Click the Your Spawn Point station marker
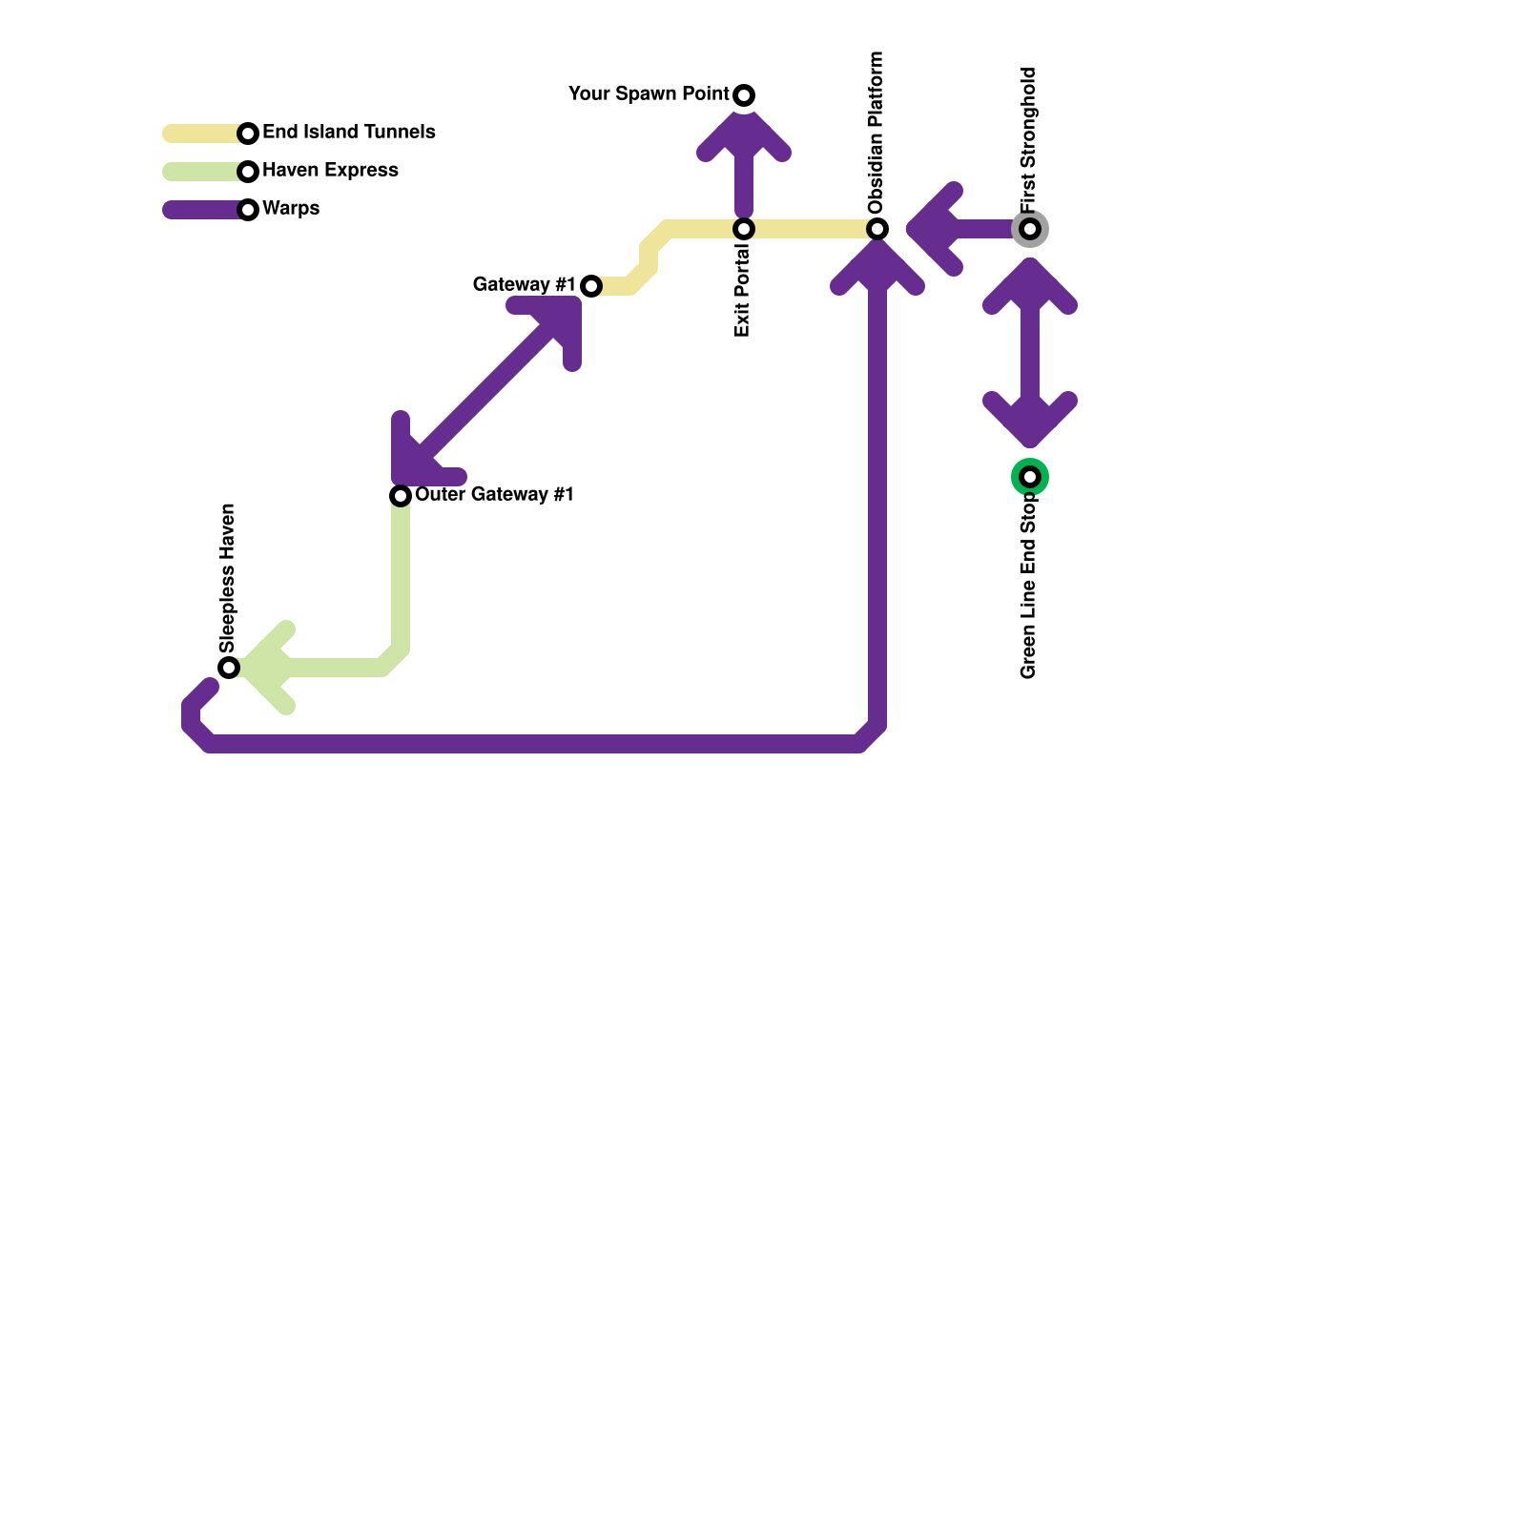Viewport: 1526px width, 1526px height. (x=744, y=95)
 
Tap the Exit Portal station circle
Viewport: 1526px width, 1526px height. (x=744, y=229)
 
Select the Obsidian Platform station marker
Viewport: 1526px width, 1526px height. (x=877, y=229)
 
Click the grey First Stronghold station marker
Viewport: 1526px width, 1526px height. (x=1030, y=229)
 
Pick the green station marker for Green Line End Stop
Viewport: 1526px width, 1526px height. (x=1030, y=477)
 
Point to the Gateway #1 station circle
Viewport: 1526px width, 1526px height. (x=591, y=286)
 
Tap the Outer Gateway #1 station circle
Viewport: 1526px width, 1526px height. (x=401, y=496)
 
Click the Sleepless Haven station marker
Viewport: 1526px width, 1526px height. (x=229, y=668)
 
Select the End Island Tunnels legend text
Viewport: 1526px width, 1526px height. (x=348, y=133)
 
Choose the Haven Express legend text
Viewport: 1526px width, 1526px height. (x=330, y=171)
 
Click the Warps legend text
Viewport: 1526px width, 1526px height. (x=291, y=209)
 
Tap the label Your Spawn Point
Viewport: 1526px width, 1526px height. (x=648, y=94)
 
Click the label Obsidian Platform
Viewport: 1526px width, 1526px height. (x=876, y=132)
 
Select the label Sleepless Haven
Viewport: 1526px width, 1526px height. (x=227, y=577)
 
